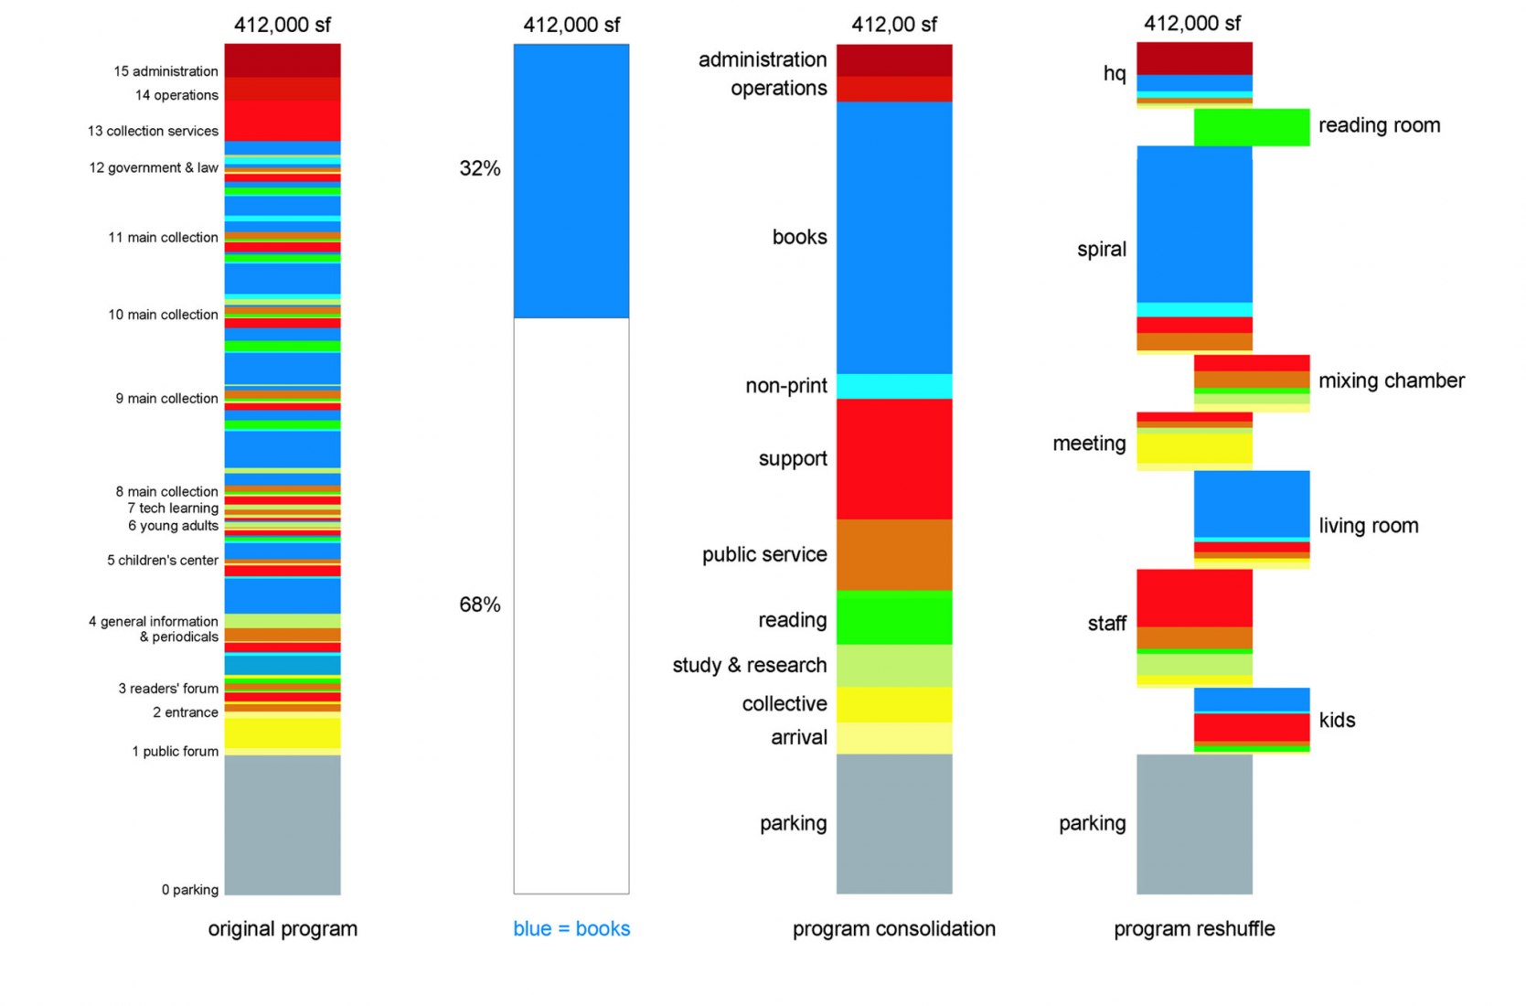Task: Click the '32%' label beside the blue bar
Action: (x=480, y=168)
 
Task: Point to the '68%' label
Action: (x=480, y=605)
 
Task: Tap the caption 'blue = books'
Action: (x=571, y=928)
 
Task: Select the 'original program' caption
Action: (x=283, y=928)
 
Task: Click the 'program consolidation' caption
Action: (x=893, y=928)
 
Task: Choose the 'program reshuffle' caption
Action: (x=1194, y=928)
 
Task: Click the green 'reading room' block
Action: (x=1252, y=127)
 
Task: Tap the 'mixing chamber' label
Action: (x=1391, y=380)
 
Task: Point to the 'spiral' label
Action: (x=1102, y=249)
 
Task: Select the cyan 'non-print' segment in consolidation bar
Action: (x=894, y=386)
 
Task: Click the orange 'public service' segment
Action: (x=894, y=554)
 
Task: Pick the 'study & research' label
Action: (x=749, y=665)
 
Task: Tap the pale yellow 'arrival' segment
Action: (x=894, y=738)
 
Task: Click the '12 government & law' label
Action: (x=154, y=167)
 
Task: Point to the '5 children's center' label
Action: (x=163, y=560)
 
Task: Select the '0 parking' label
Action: (x=190, y=889)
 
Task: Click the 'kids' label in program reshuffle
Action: (x=1337, y=720)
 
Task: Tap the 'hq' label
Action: (x=1115, y=73)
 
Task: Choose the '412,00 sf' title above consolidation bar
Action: (x=893, y=25)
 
